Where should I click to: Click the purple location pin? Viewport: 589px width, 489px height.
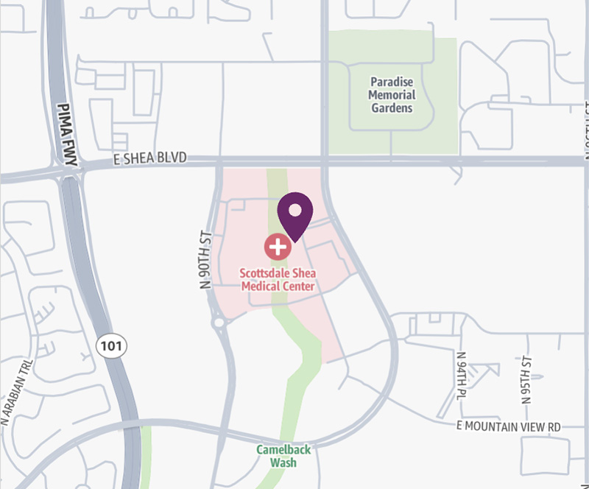(x=294, y=216)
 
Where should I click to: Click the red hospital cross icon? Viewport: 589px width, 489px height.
(x=278, y=247)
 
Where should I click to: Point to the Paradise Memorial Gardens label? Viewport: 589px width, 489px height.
(x=392, y=95)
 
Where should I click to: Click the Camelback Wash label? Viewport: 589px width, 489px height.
(x=283, y=456)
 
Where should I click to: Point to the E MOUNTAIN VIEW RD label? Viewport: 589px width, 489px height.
(x=509, y=426)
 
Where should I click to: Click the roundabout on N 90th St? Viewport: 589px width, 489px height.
(x=218, y=322)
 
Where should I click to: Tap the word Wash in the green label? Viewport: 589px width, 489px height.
(x=283, y=462)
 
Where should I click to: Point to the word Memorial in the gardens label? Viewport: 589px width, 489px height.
(x=392, y=95)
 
